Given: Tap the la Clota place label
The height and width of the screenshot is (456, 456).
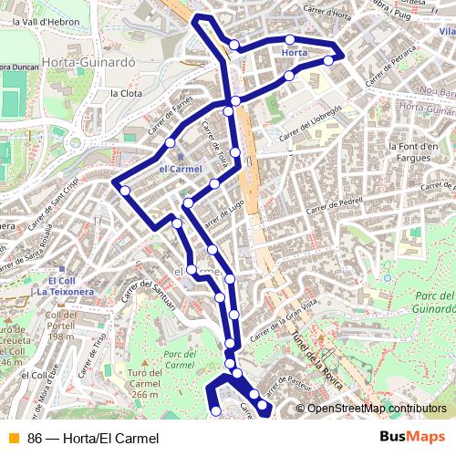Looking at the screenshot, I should [x=126, y=93].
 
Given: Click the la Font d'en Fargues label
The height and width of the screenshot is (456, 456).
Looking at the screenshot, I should [x=414, y=153].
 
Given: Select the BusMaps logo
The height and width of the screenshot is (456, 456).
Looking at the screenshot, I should [x=412, y=438].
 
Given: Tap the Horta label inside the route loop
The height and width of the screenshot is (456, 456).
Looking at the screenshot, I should [x=295, y=53].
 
